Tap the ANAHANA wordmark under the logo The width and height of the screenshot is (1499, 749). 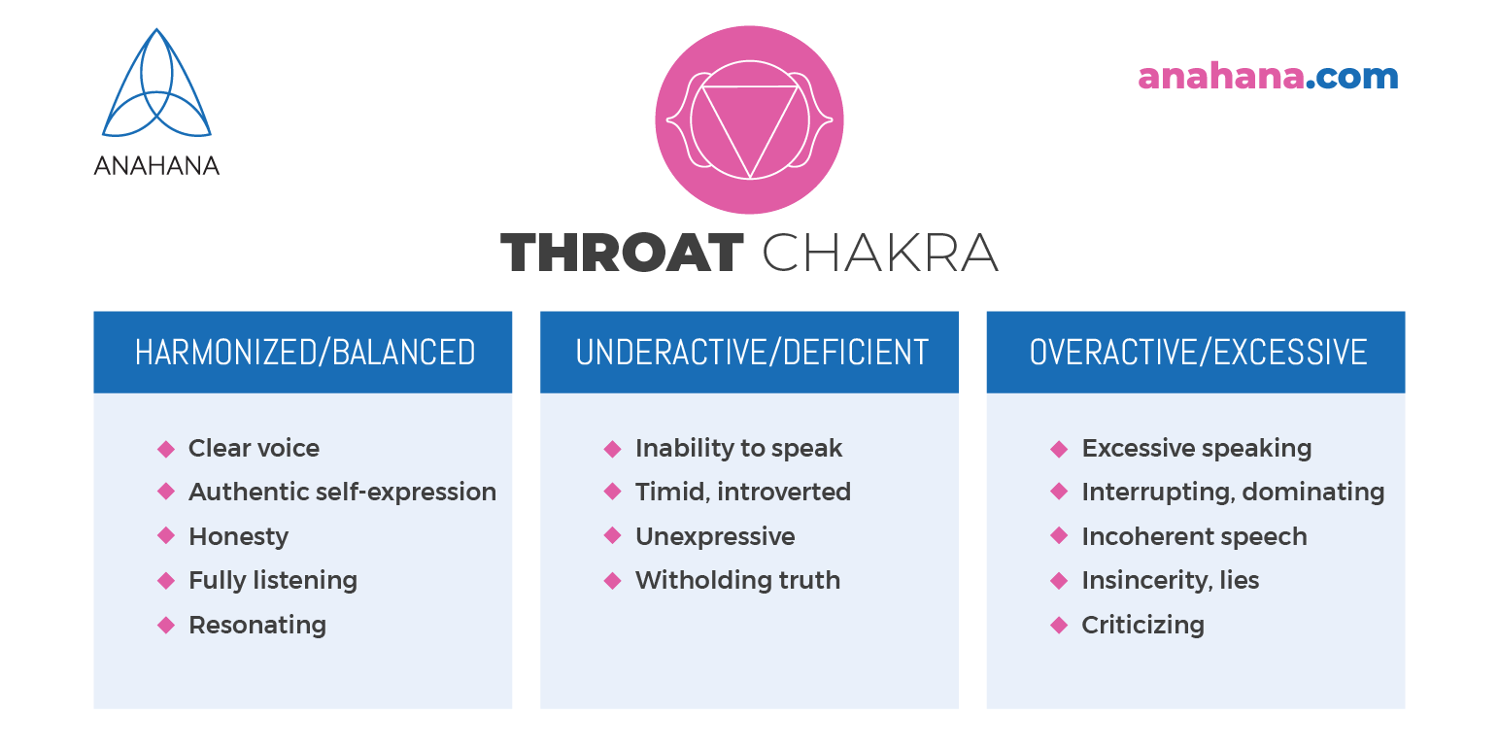coord(156,166)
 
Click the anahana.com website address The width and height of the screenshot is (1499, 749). coord(1268,77)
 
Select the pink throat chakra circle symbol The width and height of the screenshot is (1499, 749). coord(750,119)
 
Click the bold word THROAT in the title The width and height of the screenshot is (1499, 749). coord(622,253)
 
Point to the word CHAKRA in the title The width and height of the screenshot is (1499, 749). coord(880,253)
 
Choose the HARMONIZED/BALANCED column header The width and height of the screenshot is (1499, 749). coord(304,352)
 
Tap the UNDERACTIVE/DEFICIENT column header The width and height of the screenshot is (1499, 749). coord(752,352)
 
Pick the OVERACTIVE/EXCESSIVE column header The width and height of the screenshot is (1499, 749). coord(1198,352)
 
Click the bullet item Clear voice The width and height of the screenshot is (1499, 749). coord(254,448)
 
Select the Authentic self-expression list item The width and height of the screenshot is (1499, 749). coord(343,492)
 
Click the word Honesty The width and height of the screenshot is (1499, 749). coord(238,537)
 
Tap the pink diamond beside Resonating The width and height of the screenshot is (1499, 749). coord(166,626)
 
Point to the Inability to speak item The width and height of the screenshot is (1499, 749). coord(738,449)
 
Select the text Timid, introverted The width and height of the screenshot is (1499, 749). coord(743,492)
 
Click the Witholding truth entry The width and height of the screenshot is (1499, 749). coord(737,580)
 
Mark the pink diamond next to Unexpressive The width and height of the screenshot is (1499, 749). coord(612,535)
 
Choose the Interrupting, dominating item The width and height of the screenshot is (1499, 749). coord(1233,492)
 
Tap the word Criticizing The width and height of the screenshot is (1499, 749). coord(1143,626)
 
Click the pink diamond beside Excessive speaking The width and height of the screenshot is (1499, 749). coord(1059,449)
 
